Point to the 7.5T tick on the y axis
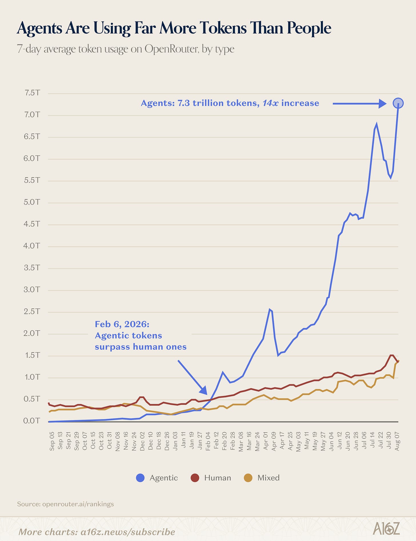click(32, 93)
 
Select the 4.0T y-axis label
click(32, 246)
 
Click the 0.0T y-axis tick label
click(32, 421)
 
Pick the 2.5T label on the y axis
click(32, 311)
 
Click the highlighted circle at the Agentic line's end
click(398, 103)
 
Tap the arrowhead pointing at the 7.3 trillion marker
click(383, 103)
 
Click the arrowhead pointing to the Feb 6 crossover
click(203, 391)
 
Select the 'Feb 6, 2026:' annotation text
click(122, 324)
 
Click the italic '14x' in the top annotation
click(270, 103)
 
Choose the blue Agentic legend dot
click(140, 478)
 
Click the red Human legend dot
click(195, 478)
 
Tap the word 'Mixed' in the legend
click(269, 478)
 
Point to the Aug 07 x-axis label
click(397, 441)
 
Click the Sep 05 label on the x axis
click(52, 441)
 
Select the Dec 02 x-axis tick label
click(142, 441)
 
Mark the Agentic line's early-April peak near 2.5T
click(269, 309)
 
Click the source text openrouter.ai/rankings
click(78, 504)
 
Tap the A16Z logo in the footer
click(386, 528)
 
